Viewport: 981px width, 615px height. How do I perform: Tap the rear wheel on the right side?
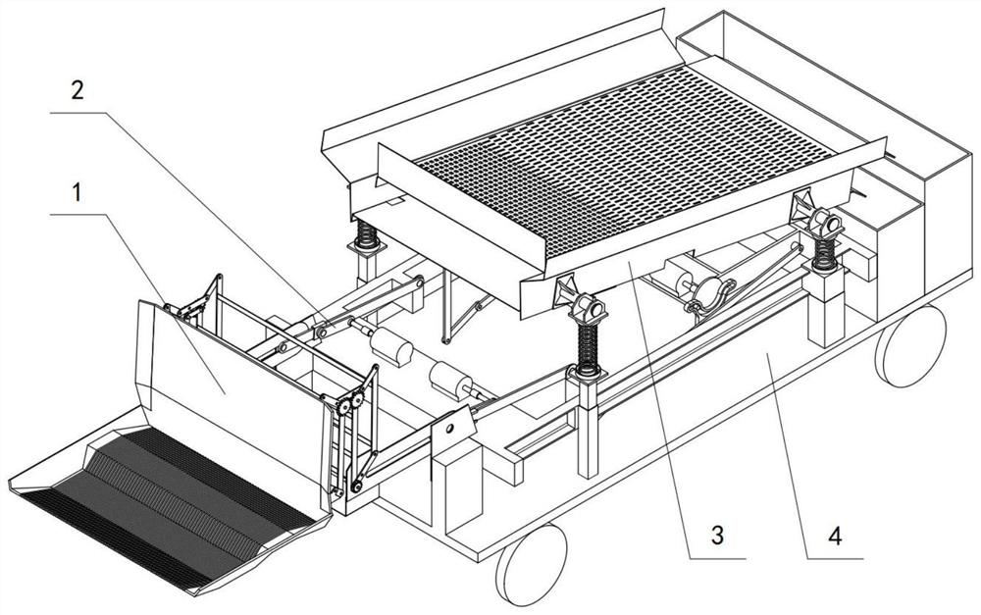(910, 342)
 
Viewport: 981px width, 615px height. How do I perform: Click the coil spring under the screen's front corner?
(588, 349)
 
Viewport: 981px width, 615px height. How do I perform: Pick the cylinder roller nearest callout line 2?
(389, 345)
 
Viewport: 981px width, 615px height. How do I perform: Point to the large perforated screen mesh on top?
(628, 157)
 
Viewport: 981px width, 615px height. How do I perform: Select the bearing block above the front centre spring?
(582, 298)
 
